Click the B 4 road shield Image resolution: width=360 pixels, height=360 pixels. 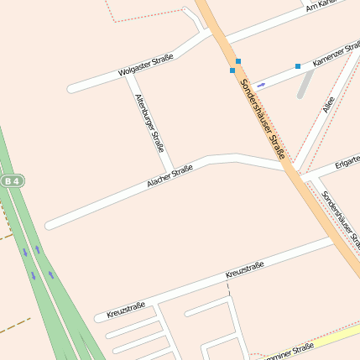[12, 180]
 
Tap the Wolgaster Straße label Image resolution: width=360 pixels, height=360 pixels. [146, 65]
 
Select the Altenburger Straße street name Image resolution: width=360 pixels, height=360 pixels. [149, 123]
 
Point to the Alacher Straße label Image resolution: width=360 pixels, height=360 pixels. [170, 175]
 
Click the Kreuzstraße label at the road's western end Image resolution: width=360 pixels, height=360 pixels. [126, 310]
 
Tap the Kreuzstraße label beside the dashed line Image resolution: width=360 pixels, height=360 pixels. [245, 270]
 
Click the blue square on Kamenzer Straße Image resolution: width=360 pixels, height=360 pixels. [297, 65]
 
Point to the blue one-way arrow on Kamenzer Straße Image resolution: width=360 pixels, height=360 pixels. [261, 85]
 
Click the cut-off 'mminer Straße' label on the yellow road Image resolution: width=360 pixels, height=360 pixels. [290, 348]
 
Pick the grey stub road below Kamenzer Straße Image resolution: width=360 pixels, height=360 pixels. [305, 85]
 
